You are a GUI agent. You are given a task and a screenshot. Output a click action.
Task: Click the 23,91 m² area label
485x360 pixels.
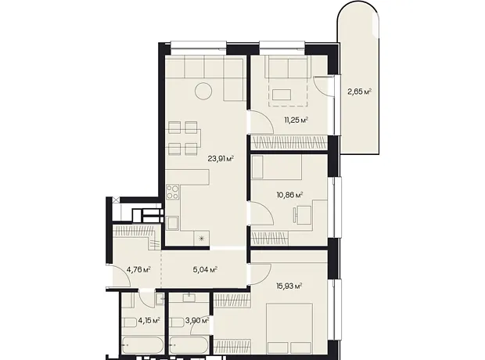click(221, 159)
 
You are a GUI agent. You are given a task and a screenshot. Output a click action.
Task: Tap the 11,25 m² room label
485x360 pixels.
click(296, 120)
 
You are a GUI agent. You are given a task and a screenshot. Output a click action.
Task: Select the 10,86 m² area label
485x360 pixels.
click(289, 195)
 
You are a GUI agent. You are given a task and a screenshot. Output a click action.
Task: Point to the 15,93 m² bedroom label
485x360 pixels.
click(289, 286)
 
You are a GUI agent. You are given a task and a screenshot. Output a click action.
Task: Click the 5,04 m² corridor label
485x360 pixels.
click(205, 270)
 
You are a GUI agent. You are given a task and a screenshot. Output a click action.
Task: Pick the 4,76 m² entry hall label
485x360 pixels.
click(138, 270)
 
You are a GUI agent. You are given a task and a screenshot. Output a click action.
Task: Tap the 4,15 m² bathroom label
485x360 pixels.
click(149, 320)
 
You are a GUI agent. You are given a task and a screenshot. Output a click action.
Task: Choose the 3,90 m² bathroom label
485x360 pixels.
click(197, 320)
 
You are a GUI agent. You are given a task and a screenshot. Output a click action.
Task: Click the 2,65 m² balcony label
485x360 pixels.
click(359, 92)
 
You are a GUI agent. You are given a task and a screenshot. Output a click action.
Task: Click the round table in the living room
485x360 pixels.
click(203, 91)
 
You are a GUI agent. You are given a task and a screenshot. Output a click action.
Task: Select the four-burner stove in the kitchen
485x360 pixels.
click(173, 192)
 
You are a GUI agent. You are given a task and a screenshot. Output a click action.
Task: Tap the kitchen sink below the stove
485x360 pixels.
click(172, 224)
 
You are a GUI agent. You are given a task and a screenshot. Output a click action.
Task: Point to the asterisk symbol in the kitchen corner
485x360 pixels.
click(201, 239)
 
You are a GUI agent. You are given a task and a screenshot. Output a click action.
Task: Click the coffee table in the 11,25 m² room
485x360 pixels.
click(282, 95)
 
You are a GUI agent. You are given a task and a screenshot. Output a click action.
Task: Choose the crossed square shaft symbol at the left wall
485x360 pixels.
click(116, 200)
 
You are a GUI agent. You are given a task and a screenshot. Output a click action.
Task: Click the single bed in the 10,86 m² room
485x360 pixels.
click(276, 167)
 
